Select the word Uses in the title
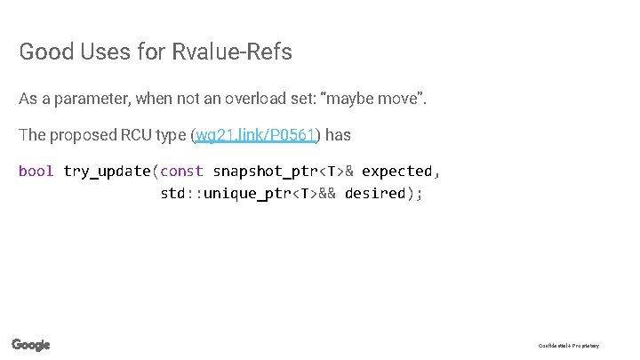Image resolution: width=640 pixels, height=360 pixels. click(104, 52)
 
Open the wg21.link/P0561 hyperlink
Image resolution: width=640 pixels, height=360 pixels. click(256, 135)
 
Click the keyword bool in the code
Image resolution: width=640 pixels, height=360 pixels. click(36, 171)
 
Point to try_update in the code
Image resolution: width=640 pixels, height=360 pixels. click(107, 171)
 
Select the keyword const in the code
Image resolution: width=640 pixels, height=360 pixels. click(181, 171)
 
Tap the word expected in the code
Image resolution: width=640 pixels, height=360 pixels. click(396, 171)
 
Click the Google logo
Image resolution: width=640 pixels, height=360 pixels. click(31, 345)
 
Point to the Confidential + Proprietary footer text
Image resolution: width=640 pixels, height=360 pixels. click(569, 346)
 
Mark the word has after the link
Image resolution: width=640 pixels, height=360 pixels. click(339, 135)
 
